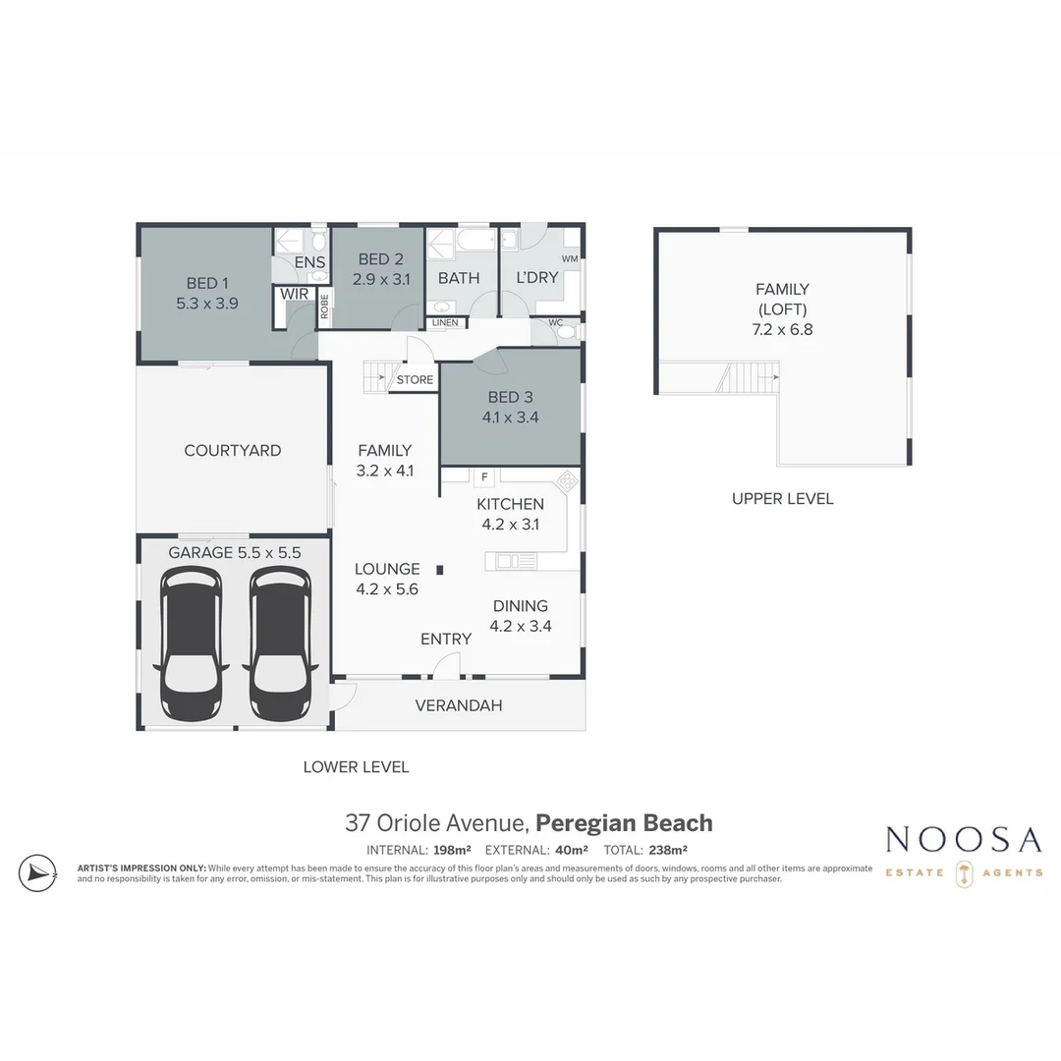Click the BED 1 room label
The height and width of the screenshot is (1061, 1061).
(206, 284)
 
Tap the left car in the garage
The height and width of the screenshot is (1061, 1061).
(192, 643)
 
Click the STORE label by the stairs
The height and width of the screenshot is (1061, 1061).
(415, 380)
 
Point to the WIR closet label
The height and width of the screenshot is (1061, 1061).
(294, 294)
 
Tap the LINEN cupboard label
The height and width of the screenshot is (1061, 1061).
(444, 322)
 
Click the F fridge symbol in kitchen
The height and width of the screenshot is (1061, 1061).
(483, 477)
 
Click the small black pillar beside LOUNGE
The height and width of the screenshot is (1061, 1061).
(440, 569)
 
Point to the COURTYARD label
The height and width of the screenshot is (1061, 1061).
(233, 451)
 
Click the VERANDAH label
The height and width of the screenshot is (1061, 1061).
(459, 705)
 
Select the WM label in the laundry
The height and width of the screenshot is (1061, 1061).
(569, 258)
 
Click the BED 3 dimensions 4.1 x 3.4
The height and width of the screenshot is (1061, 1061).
(510, 417)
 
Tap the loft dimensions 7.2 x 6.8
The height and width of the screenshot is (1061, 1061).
(782, 330)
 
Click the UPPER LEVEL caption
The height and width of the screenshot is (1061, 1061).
(782, 499)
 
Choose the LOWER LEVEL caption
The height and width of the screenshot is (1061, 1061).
(356, 767)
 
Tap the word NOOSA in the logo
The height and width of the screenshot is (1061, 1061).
(963, 840)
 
